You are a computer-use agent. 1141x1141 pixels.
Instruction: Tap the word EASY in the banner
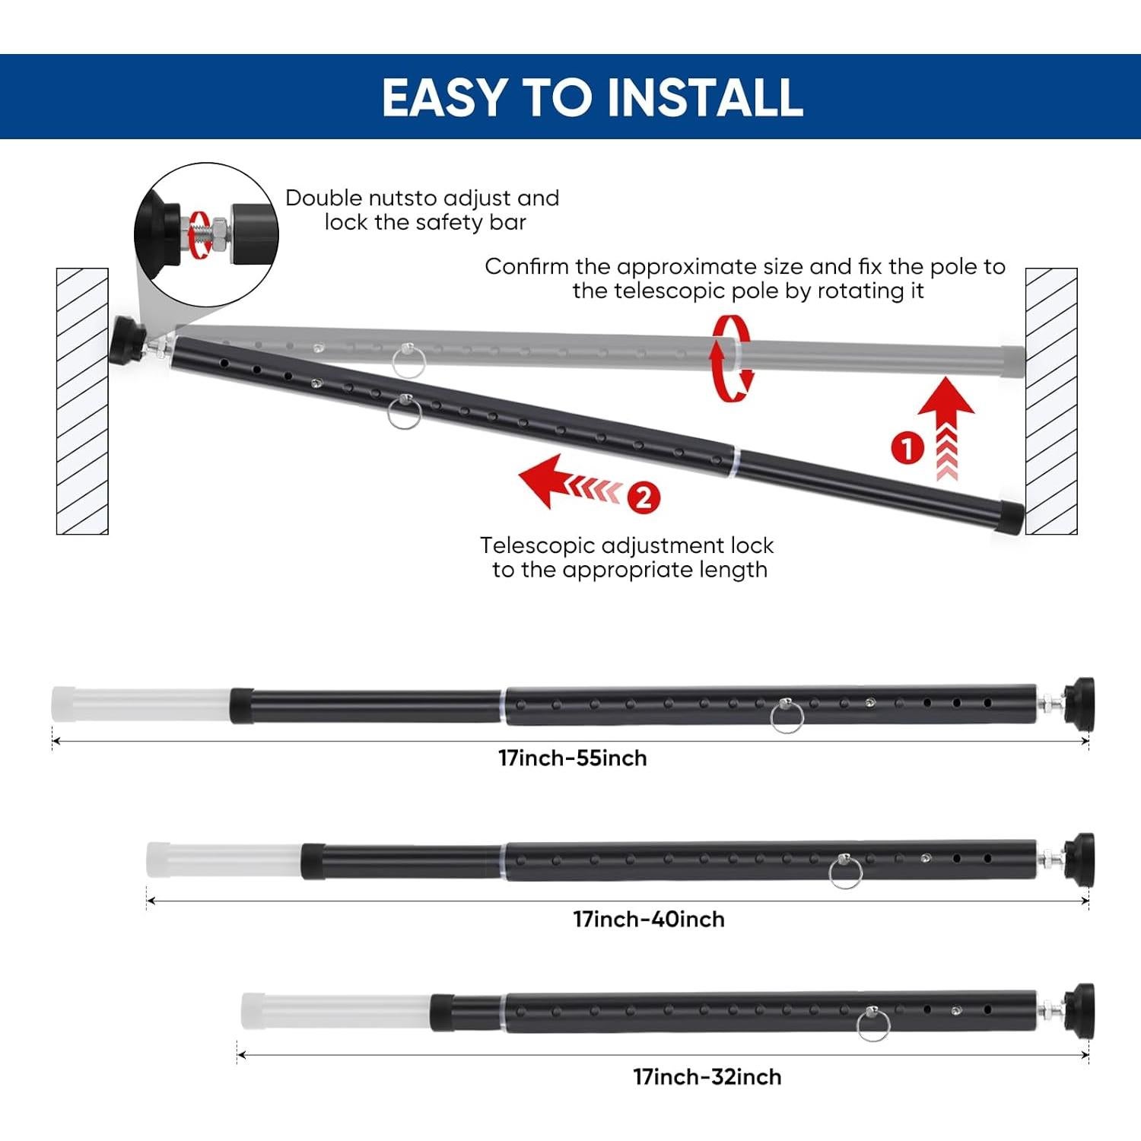444,97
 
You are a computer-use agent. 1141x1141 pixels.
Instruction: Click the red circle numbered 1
907,448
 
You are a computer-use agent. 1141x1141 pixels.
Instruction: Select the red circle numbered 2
644,498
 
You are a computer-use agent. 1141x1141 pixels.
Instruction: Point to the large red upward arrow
946,415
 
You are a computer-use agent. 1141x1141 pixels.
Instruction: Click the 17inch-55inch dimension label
572,758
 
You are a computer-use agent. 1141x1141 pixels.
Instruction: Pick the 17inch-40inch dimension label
649,920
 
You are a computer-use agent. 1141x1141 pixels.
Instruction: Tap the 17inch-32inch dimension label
707,1077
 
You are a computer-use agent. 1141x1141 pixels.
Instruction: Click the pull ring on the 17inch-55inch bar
786,717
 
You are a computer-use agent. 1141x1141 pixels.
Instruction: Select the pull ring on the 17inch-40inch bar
844,872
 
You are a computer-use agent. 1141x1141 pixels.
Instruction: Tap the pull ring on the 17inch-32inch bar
872,1025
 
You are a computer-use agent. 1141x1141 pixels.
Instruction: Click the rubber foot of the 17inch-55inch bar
1079,704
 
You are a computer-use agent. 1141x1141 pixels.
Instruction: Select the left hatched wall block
82,401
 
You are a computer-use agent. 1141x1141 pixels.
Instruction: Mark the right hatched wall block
1051,401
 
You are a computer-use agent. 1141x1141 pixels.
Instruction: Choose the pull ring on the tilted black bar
404,412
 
